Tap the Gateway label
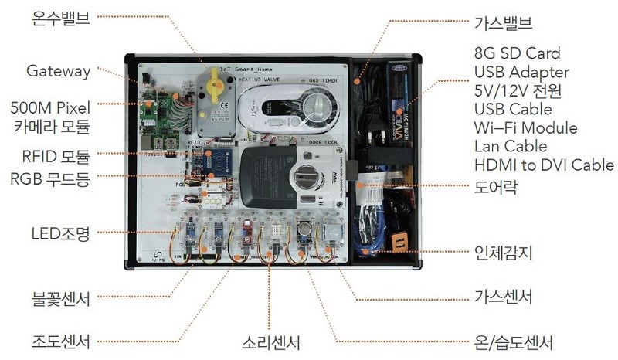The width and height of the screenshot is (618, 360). (58, 71)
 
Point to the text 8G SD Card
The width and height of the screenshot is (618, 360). (517, 54)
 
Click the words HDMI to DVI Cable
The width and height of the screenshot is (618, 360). (544, 165)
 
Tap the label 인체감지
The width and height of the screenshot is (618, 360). (503, 252)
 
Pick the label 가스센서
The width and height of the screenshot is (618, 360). (503, 297)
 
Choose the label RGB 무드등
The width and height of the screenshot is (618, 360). (50, 178)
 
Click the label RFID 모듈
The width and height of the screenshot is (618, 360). (56, 156)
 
